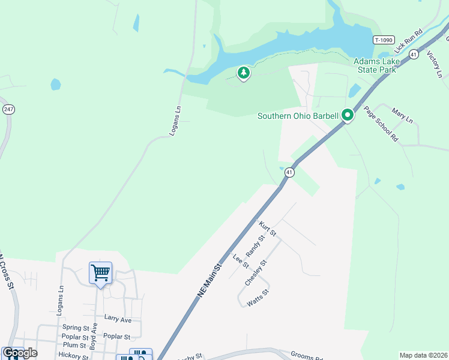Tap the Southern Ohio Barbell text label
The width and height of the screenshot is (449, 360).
(298, 116)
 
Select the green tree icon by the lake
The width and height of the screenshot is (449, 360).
(243, 73)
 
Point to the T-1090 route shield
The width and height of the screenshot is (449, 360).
(383, 40)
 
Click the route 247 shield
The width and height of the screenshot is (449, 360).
(8, 109)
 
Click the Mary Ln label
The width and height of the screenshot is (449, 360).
(402, 115)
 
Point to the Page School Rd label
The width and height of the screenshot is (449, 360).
(381, 124)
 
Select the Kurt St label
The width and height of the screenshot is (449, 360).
(268, 228)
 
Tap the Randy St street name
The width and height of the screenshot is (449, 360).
(255, 245)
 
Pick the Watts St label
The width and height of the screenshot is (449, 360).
(258, 298)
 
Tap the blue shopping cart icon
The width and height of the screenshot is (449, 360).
(100, 272)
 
